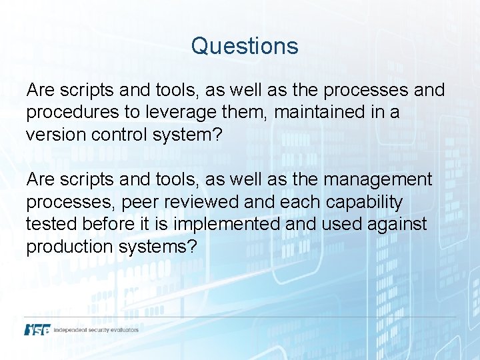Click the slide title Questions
[245, 46]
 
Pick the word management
[378, 179]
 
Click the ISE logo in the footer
[38, 329]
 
